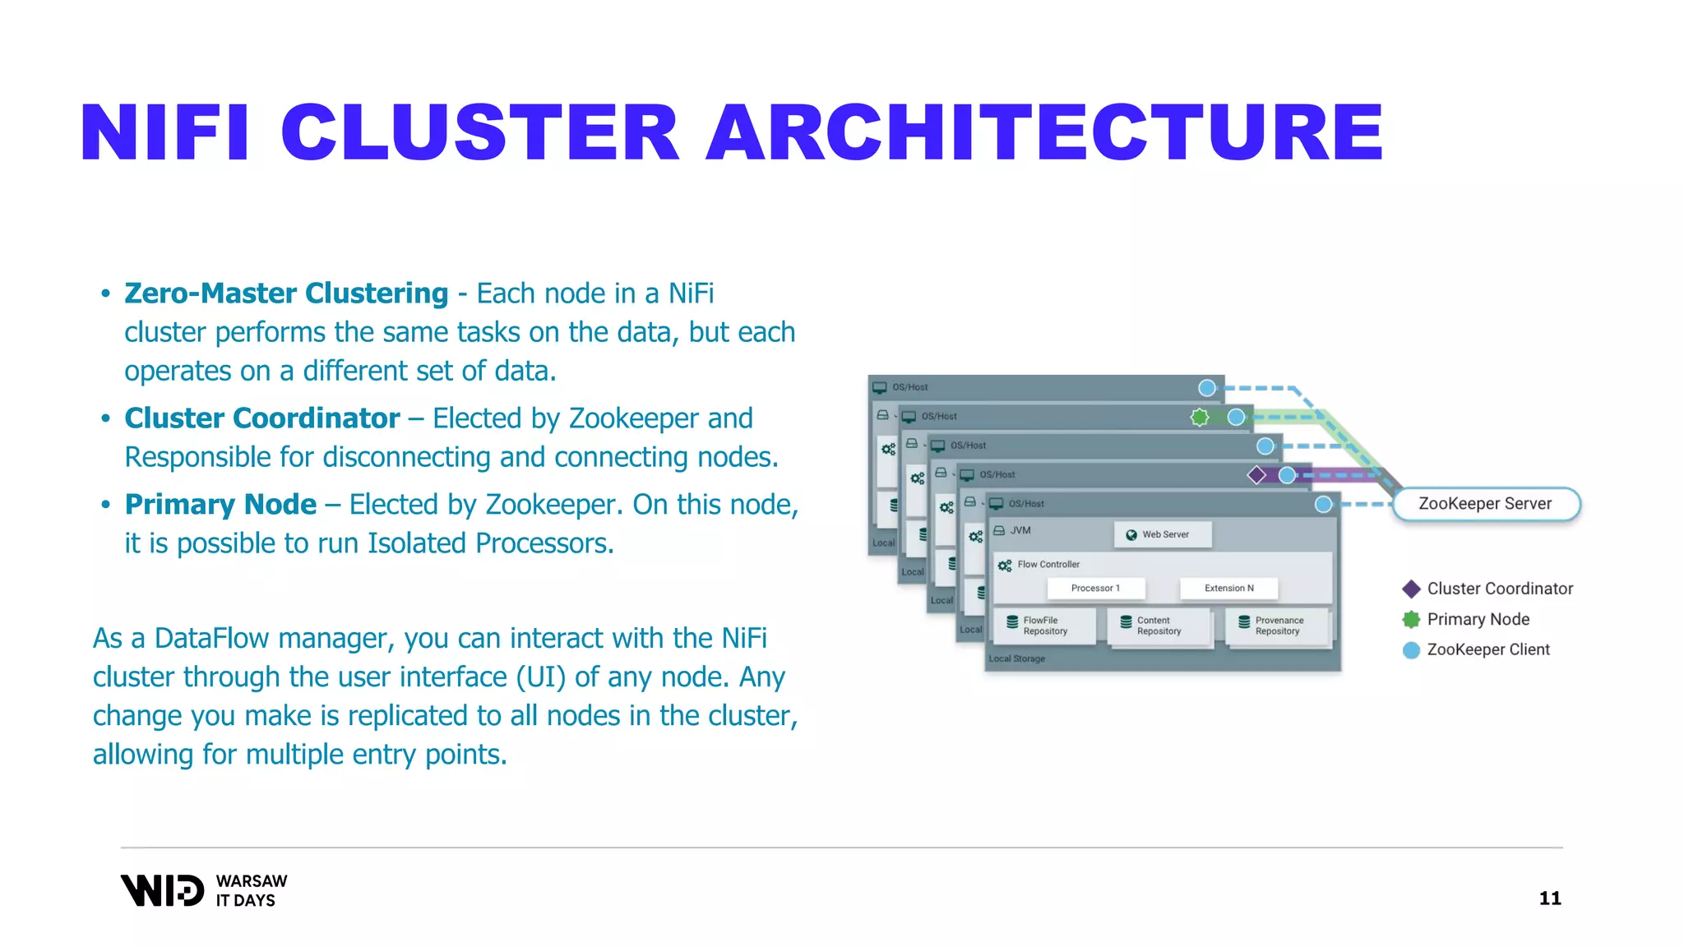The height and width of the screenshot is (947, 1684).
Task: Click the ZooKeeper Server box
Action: pos(1486,504)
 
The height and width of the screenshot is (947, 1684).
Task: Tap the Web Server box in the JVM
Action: pos(1163,534)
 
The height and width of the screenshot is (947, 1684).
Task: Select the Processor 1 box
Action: pos(1095,588)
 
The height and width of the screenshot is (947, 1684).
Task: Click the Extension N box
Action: pos(1228,588)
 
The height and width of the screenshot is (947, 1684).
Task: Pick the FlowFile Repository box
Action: pos(1044,626)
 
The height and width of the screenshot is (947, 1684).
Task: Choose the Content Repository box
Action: pos(1159,626)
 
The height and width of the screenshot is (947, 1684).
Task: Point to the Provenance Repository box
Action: pos(1278,626)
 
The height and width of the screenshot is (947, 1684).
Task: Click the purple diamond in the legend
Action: pos(1411,589)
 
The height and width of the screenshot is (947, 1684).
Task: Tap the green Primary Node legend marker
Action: pos(1411,619)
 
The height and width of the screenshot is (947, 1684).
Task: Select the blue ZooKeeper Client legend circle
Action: pos(1411,650)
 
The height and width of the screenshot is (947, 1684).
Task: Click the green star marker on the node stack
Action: pos(1200,418)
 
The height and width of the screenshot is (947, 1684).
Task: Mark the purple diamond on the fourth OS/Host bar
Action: pos(1256,475)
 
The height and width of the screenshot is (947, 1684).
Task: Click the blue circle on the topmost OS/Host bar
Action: pos(1206,388)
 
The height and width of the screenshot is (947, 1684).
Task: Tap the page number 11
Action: pos(1550,898)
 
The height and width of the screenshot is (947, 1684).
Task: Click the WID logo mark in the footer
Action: pos(163,890)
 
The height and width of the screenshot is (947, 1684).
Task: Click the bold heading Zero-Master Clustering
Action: pos(286,293)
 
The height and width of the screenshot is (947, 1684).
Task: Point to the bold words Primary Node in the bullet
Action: pos(220,505)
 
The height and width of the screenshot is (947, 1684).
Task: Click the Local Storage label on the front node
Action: pos(1016,659)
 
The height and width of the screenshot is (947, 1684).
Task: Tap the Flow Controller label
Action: pos(1048,565)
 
